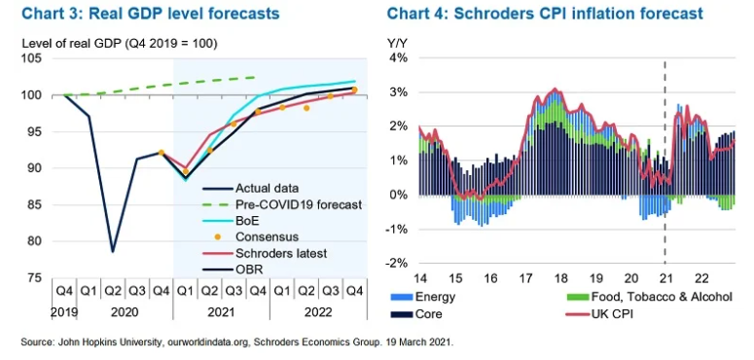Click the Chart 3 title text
pos(151,14)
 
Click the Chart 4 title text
pos(545,14)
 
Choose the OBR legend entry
pos(233,270)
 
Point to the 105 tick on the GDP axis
pos(32,58)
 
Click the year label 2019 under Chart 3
pos(64,312)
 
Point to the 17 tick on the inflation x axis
pos(525,278)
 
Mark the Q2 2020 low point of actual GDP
pos(113,251)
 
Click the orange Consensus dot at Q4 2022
pos(354,90)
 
